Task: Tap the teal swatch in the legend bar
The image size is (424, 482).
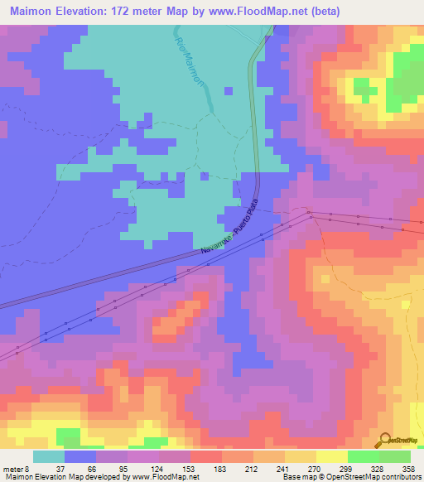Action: pos(49,456)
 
